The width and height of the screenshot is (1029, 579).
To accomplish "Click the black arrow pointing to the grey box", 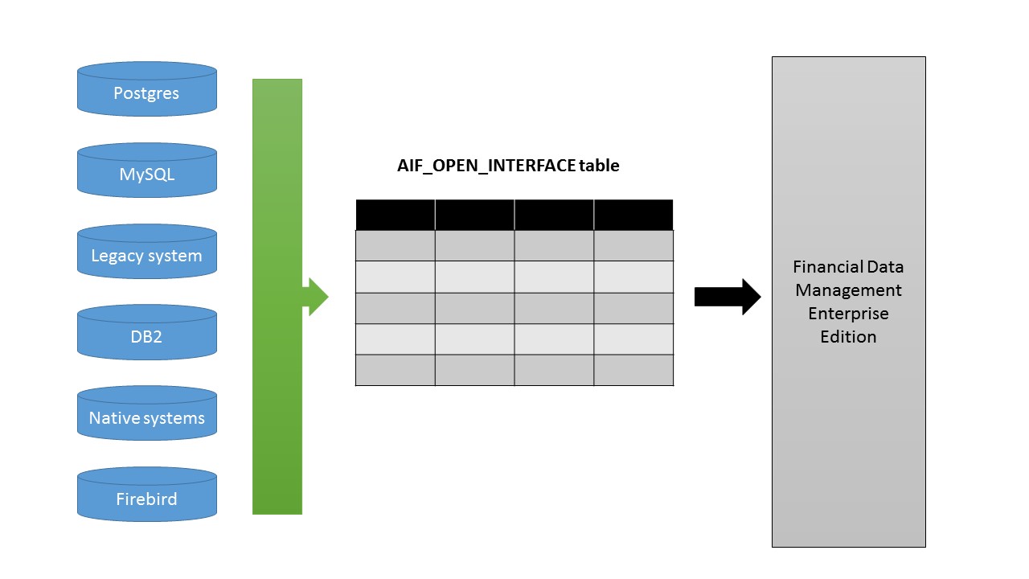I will pos(727,297).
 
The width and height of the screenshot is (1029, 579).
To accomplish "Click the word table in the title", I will pos(600,166).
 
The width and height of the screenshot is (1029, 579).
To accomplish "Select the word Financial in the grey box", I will pos(824,266).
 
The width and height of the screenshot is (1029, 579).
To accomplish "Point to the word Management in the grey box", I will pos(848,289).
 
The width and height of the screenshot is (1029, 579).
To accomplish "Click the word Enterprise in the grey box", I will pos(848,313).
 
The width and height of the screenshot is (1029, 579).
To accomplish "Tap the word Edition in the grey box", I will pos(848,336).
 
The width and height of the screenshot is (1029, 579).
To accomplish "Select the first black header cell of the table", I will pos(396,215).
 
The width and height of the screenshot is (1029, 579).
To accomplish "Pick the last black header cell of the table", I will pos(633,215).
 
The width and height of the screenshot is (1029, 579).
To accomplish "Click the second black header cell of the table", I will pos(474,215).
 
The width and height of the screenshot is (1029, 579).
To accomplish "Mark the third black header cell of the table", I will pos(554,215).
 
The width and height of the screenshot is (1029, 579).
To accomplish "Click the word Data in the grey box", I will pos(885,266).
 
